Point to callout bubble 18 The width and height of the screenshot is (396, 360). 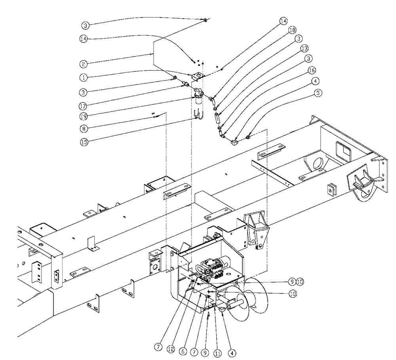(x=292, y=30)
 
